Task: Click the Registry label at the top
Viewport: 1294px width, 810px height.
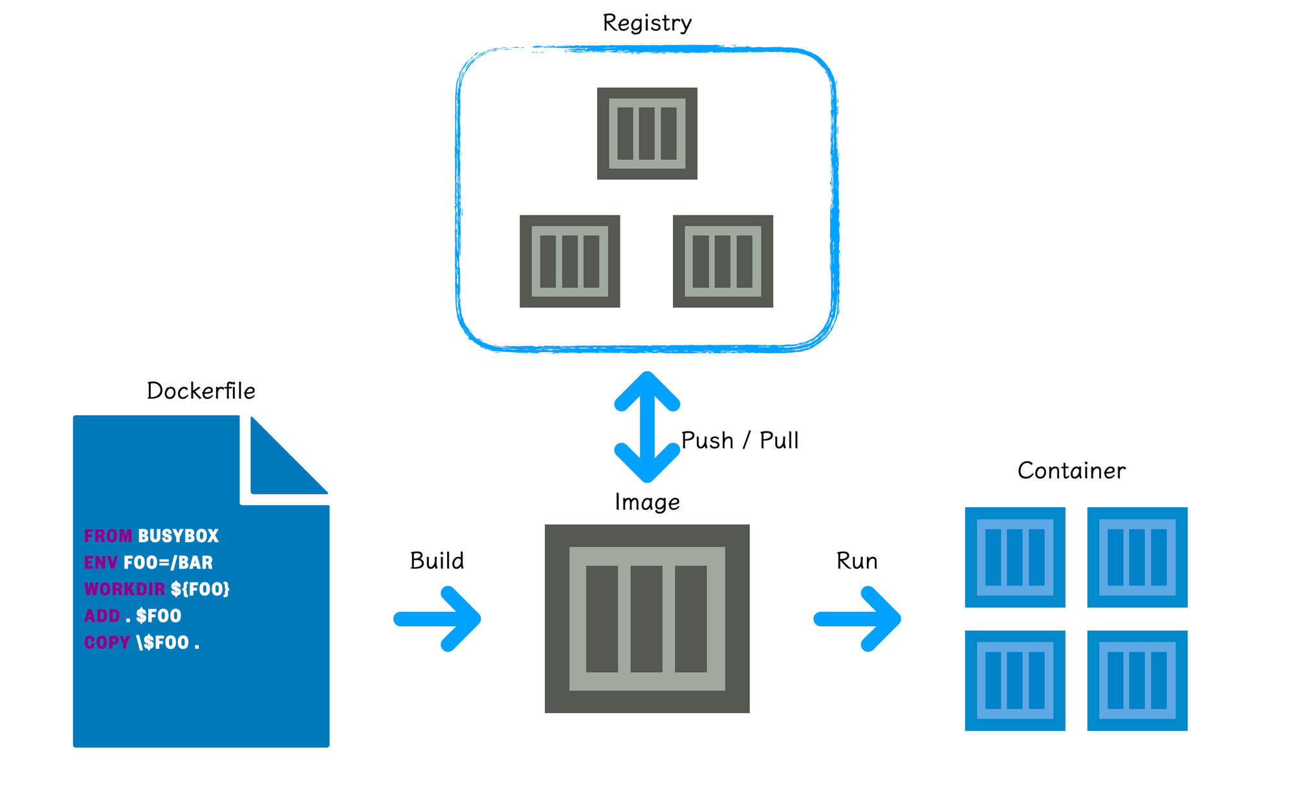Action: pos(647,23)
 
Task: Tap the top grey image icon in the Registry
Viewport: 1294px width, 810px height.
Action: pos(647,133)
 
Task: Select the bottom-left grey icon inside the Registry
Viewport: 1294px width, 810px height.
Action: pos(570,261)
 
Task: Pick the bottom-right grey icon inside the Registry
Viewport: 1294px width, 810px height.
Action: pos(723,261)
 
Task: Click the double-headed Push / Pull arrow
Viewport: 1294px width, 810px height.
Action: pos(647,427)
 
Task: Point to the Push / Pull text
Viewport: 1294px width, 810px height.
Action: pos(740,441)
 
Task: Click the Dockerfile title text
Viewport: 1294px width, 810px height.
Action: pos(201,391)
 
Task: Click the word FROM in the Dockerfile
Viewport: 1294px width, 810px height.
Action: pos(108,536)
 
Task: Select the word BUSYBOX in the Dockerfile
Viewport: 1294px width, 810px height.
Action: pos(178,536)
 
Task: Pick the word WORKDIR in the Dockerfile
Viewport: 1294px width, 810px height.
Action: pos(124,589)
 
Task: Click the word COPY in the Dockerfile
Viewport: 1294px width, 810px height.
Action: pos(107,642)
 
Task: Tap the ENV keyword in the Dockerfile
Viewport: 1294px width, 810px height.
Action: pos(100,563)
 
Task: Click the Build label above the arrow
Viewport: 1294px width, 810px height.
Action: pos(437,561)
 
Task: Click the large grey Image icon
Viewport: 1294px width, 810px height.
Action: pos(647,618)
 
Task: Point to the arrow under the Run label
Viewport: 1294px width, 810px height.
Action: pos(858,619)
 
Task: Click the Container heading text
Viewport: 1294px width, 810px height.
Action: pos(1071,471)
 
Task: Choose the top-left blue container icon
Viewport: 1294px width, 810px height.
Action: pos(1015,557)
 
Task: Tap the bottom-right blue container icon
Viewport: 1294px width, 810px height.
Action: pos(1137,681)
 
